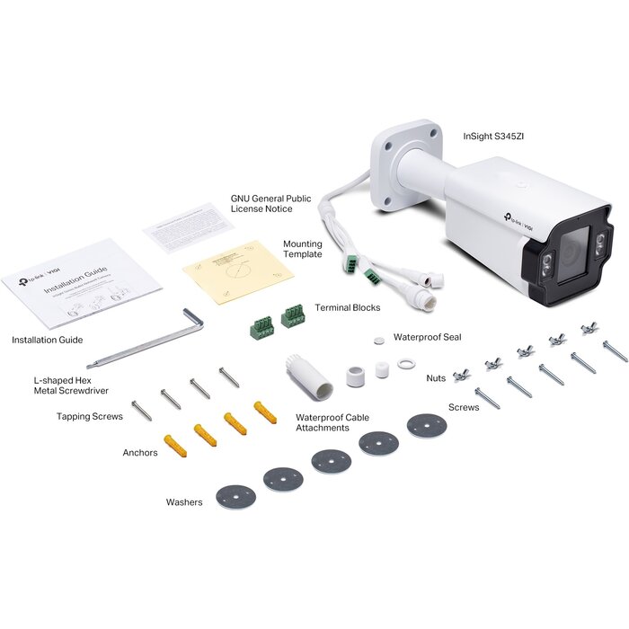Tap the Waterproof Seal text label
[428, 337]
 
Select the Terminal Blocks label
[347, 307]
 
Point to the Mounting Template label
[303, 249]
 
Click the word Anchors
[140, 453]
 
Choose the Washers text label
[184, 502]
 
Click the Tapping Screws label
[90, 417]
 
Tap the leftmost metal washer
[235, 497]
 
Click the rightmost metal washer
[426, 425]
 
